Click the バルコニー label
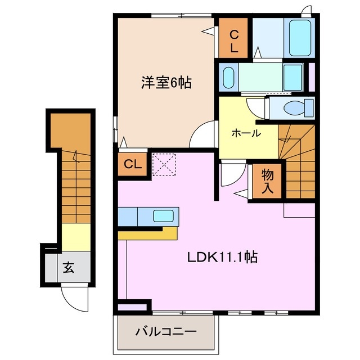tap(165, 332)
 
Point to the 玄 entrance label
tap(68, 268)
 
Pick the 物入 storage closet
tap(267, 182)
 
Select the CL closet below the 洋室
tap(133, 165)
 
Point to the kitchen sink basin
tap(164, 215)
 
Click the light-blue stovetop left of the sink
tap(128, 216)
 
